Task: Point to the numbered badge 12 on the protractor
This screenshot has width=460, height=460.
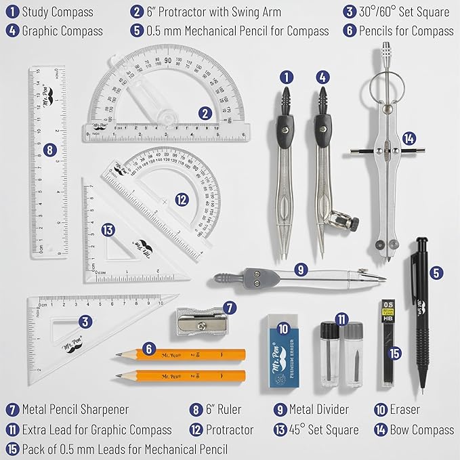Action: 181,200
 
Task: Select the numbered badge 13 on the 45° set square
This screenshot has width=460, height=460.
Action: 106,230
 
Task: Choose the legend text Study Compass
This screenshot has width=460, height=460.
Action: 58,12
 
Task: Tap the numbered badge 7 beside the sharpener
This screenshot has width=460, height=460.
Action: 230,308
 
